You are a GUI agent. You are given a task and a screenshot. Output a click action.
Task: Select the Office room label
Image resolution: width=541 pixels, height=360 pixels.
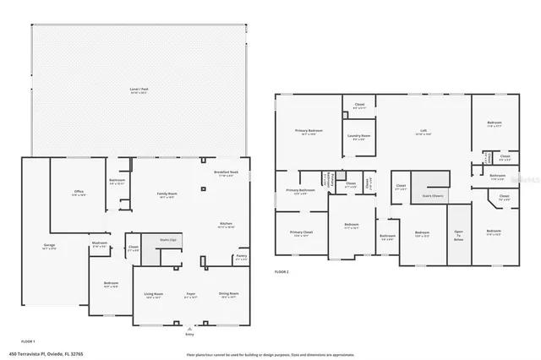(79, 193)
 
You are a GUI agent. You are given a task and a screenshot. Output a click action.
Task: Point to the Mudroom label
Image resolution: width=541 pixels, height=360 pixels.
(99, 243)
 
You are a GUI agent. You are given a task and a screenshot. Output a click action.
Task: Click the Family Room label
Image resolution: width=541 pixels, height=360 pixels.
(167, 194)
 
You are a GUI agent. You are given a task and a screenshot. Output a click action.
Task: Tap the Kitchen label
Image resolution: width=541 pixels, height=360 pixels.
(227, 223)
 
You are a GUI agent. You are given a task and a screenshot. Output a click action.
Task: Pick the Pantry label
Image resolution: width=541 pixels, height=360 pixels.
(241, 257)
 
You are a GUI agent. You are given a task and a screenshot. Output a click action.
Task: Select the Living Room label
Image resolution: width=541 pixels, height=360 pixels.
(153, 296)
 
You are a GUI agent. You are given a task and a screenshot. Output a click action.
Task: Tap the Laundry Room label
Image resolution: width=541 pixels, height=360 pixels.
(358, 138)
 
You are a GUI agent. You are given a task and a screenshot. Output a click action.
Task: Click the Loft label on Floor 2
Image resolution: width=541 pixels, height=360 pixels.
(424, 132)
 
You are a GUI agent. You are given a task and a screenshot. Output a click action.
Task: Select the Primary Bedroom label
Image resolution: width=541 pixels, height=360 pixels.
(309, 132)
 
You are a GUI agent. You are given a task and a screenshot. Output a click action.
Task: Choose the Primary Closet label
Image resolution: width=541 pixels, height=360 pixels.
(301, 232)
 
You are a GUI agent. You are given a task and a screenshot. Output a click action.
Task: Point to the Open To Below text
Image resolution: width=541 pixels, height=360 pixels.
(458, 236)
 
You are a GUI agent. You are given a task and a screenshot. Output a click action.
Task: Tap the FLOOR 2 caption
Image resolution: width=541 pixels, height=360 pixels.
(282, 272)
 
